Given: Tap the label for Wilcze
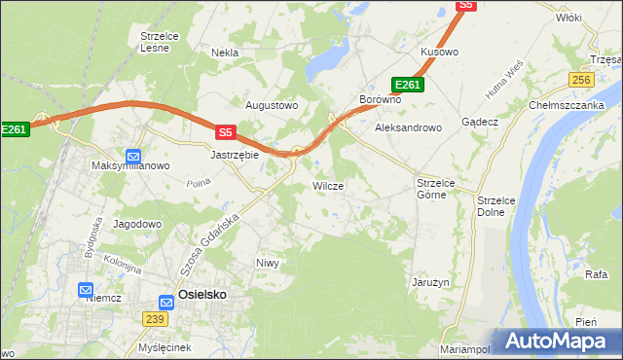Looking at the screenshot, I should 327,185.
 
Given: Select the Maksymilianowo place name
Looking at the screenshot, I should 130,166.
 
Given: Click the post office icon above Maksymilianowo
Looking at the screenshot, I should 133,155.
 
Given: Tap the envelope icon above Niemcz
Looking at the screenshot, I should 86,289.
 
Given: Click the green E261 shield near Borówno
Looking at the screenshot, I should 407,85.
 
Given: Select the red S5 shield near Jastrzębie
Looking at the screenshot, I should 226,132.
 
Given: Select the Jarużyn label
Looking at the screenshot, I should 428,283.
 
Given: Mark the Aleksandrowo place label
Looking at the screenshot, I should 409,126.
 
